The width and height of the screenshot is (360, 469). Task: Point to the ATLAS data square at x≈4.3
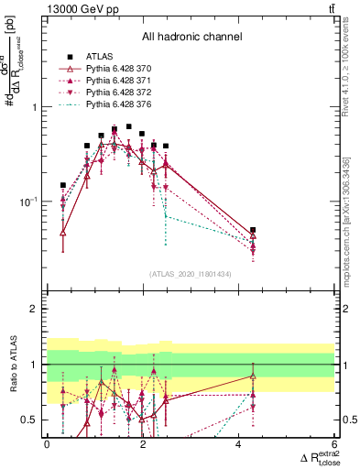[x=253, y=230]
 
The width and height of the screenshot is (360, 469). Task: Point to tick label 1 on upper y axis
[x=35, y=107]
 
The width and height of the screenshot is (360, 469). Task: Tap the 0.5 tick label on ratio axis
[x=30, y=420]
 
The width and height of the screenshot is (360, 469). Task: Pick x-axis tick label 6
[x=334, y=444]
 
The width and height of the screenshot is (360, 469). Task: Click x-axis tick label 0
[x=47, y=444]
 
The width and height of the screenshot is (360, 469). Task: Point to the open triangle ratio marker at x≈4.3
[x=253, y=376]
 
